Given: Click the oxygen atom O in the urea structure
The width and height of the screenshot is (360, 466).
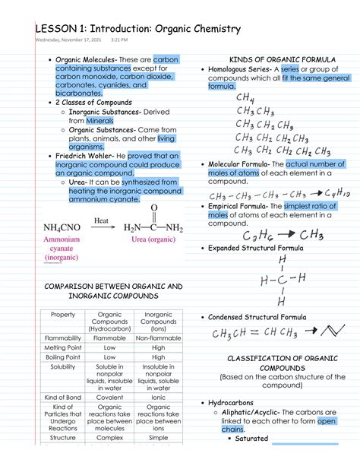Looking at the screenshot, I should point(154,208).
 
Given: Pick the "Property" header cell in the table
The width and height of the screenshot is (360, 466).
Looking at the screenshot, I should point(62,315).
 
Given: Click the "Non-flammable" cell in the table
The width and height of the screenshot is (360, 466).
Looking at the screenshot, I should point(158,338).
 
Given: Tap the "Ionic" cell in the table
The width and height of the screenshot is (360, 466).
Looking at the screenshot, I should point(158,397).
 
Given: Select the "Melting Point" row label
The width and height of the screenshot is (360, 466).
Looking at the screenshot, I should point(62,347).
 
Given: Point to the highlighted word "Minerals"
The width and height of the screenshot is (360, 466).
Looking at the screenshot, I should point(100,120).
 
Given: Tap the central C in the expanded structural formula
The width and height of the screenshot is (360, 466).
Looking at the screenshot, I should point(283,279).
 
